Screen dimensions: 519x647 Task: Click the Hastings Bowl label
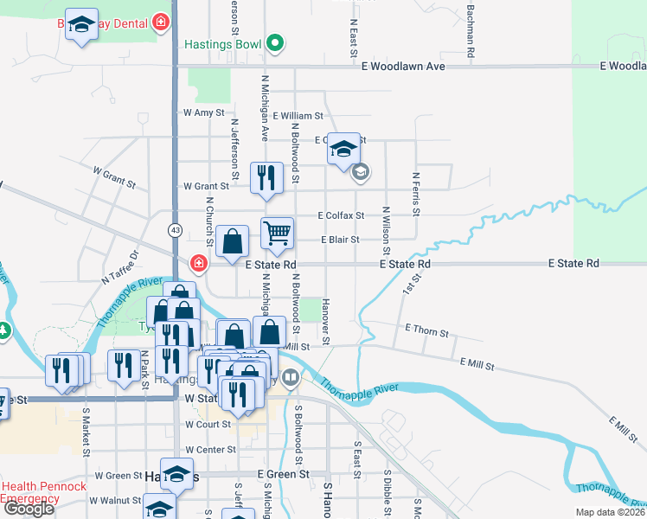223,42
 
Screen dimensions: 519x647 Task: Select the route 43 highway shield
176,230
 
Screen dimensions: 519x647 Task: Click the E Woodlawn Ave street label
405,67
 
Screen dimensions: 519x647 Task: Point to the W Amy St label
203,112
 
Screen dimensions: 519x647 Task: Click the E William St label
298,115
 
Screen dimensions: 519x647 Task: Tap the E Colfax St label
341,215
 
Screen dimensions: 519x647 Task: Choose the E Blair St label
340,240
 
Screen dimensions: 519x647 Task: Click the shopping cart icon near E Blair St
277,232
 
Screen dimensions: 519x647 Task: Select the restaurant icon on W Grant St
266,177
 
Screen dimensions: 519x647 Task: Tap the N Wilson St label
387,227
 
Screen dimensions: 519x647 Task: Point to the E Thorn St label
426,332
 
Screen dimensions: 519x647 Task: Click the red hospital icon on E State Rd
199,262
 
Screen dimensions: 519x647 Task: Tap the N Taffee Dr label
119,268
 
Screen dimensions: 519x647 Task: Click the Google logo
29,509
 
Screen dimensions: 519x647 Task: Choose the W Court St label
208,425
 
